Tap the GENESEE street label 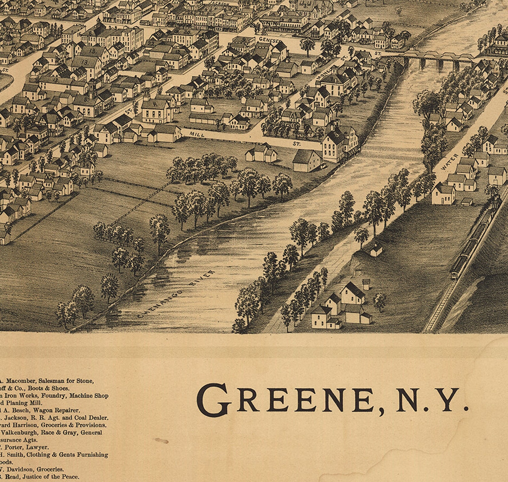click(x=269, y=40)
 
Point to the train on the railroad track click(x=473, y=243)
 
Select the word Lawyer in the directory click(x=38, y=447)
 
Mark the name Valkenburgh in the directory click(x=17, y=432)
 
